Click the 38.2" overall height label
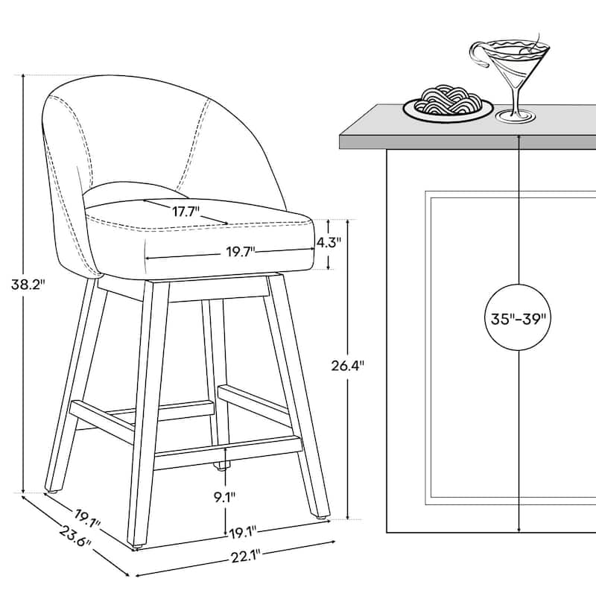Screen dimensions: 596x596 pos(22,283)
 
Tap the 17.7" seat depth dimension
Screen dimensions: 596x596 pos(186,212)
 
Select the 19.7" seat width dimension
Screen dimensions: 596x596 pos(240,251)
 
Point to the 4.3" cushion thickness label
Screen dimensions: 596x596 pos(329,242)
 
